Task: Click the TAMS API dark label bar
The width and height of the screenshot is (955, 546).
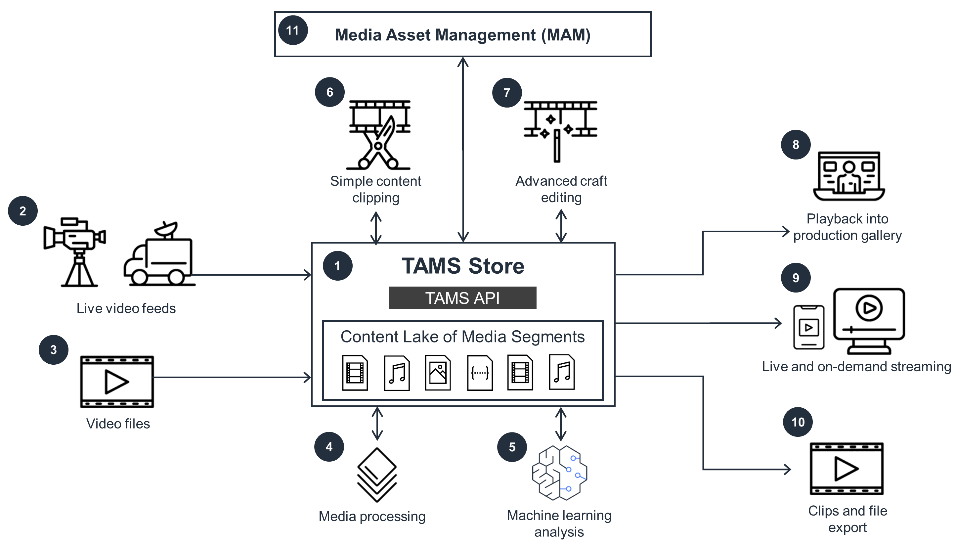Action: pyautogui.click(x=462, y=298)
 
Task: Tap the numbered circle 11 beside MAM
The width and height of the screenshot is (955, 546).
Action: pyautogui.click(x=293, y=30)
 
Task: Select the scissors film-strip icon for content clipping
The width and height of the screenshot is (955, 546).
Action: pyautogui.click(x=379, y=134)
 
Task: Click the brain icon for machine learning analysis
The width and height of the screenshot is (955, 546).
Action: pyautogui.click(x=559, y=473)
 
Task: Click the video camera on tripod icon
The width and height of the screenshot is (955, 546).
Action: pyautogui.click(x=75, y=251)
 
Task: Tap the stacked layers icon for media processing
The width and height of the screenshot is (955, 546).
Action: pyautogui.click(x=377, y=475)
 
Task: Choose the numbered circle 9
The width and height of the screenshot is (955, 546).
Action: pyautogui.click(x=795, y=278)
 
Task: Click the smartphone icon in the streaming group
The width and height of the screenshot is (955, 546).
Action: pyautogui.click(x=808, y=327)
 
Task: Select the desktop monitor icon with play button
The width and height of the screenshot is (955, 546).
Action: pyautogui.click(x=868, y=321)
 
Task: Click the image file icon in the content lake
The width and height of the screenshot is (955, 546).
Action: pyautogui.click(x=437, y=373)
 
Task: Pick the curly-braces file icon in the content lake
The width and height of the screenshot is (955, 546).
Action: pyautogui.click(x=479, y=373)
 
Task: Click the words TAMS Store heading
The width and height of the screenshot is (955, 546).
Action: pyautogui.click(x=462, y=266)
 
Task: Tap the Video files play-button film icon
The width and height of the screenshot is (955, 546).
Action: pyautogui.click(x=117, y=382)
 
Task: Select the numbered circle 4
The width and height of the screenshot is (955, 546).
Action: pyautogui.click(x=329, y=447)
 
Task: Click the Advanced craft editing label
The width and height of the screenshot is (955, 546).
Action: pyautogui.click(x=561, y=189)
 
